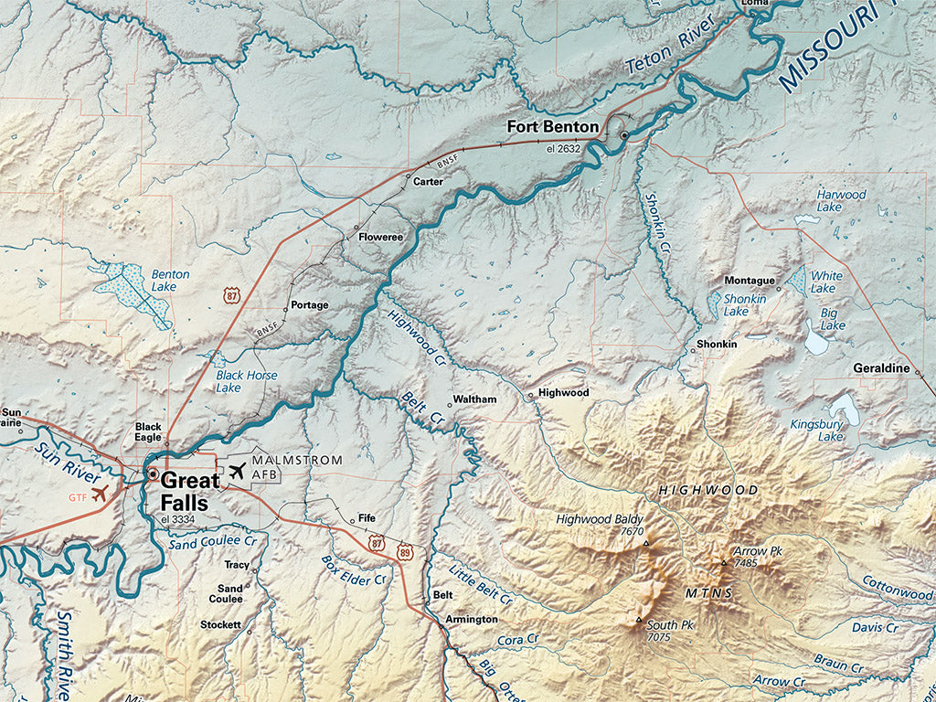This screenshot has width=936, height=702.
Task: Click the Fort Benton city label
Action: (554, 127)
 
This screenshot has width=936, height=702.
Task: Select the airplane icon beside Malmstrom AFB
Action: (238, 472)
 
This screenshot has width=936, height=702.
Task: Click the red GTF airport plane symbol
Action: (100, 494)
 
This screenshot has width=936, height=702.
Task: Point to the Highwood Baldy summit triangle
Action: (646, 544)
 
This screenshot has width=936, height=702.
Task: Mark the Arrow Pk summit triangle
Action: (724, 563)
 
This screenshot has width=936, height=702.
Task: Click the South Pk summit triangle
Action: (639, 621)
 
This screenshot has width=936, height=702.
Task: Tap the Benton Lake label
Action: (170, 281)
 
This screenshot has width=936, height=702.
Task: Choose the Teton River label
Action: (672, 52)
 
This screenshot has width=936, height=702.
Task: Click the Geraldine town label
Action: (881, 367)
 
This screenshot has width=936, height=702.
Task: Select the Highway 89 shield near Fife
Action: (406, 553)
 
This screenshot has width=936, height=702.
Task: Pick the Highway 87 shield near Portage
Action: (232, 294)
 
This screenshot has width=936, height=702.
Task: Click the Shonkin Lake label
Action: (743, 305)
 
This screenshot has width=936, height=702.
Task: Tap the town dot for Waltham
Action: (449, 405)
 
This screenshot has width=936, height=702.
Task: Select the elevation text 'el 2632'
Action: (564, 148)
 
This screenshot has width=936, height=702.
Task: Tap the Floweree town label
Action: (380, 237)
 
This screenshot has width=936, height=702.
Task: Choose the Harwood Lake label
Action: (841, 201)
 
